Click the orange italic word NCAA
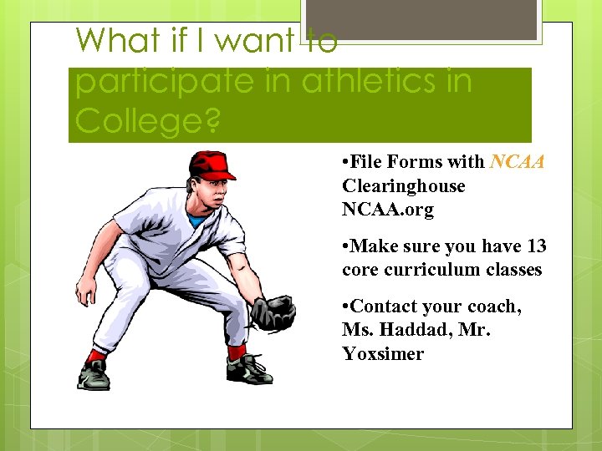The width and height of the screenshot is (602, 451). point(518,162)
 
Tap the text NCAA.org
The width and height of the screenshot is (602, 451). point(388,209)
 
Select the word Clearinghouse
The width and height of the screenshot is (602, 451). point(403,185)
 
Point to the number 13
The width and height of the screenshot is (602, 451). point(536,246)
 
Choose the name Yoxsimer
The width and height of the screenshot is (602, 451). point(383,353)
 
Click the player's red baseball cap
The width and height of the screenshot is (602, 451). point(210,165)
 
